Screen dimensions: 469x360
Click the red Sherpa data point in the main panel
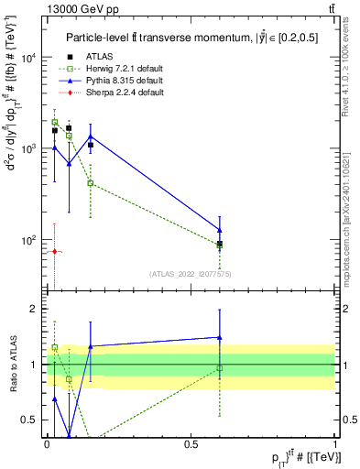(54, 251)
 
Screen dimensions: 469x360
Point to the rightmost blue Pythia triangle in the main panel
(220, 230)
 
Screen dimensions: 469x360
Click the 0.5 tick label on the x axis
(191, 444)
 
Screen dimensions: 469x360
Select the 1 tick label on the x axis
(336, 444)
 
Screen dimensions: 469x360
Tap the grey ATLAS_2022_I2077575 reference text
(192, 273)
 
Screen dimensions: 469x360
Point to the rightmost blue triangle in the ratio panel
(220, 337)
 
